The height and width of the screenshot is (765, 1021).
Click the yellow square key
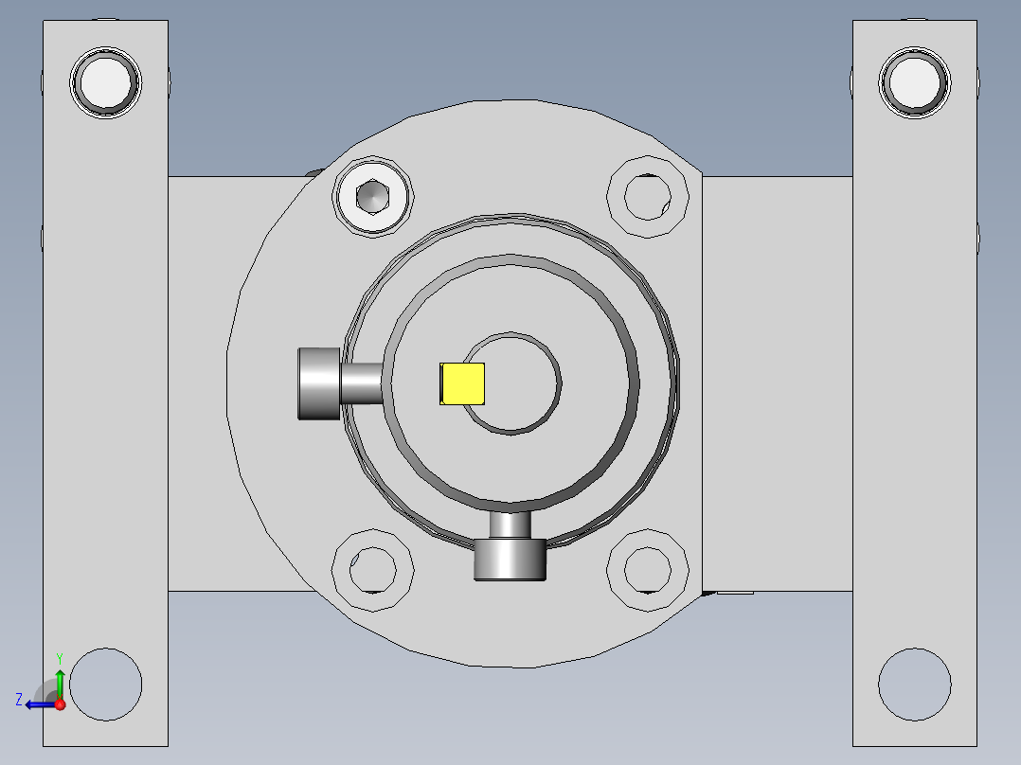point(462,384)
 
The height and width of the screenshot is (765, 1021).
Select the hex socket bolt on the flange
point(372,196)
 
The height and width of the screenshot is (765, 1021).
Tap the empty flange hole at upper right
point(647,196)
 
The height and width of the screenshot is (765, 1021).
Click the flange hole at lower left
point(372,570)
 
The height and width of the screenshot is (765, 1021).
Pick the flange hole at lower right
point(647,570)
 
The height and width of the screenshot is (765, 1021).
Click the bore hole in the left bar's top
point(105,82)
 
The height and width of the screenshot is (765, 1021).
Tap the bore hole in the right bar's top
point(914,82)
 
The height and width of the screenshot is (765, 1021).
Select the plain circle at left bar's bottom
point(105,685)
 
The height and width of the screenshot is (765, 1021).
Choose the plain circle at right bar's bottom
point(914,685)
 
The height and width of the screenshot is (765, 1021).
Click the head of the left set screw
point(319,384)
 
